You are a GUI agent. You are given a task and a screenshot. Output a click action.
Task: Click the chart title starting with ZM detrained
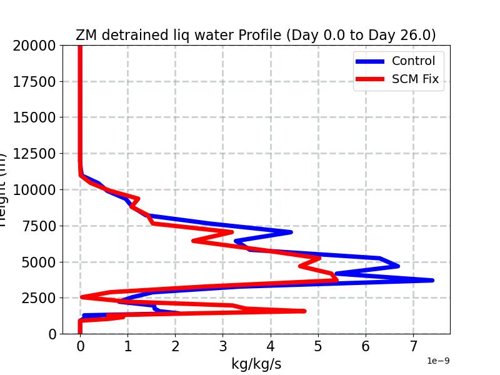point(256,35)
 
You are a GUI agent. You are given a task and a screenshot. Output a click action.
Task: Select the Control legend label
point(413,61)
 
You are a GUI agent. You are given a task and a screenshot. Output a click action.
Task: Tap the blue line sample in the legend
point(371,61)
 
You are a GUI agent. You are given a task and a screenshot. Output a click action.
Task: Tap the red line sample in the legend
point(371,79)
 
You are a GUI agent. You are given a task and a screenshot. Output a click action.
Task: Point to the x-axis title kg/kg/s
point(256,364)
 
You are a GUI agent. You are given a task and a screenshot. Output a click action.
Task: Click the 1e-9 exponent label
point(438,361)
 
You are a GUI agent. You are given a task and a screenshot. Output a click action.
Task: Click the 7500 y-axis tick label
point(41,226)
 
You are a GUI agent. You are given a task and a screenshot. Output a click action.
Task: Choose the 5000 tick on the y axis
point(41,262)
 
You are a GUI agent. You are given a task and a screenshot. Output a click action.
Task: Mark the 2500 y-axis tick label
point(41,298)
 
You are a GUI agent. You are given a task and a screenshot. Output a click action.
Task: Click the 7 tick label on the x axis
point(414,346)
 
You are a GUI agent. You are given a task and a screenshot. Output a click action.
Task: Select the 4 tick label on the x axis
point(271,346)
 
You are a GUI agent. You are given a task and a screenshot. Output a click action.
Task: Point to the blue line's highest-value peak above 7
point(432,280)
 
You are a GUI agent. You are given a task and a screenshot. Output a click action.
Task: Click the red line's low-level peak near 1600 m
point(304,311)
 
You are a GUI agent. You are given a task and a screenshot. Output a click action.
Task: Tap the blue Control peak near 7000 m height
point(290,232)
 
